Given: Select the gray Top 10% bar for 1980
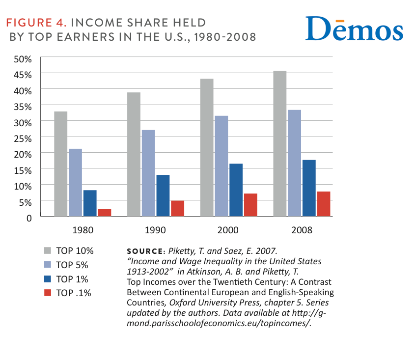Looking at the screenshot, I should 61,164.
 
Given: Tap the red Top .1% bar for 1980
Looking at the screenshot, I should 105,212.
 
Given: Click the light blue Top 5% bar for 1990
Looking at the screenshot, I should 148,173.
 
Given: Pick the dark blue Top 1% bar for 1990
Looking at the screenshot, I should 163,195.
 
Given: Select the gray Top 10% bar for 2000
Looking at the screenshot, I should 207,147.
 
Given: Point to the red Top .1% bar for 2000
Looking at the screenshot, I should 250,204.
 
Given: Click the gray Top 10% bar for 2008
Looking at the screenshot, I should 279,143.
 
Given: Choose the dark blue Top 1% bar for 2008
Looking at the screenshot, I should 308,188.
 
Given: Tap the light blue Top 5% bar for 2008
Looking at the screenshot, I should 294,163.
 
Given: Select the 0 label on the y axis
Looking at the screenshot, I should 29,218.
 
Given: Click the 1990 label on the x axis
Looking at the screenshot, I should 156,229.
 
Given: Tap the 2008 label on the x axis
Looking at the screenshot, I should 301,229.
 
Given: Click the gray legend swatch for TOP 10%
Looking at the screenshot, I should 48,250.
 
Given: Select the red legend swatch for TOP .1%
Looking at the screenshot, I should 48,293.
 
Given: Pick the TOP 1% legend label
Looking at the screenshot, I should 73,279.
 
